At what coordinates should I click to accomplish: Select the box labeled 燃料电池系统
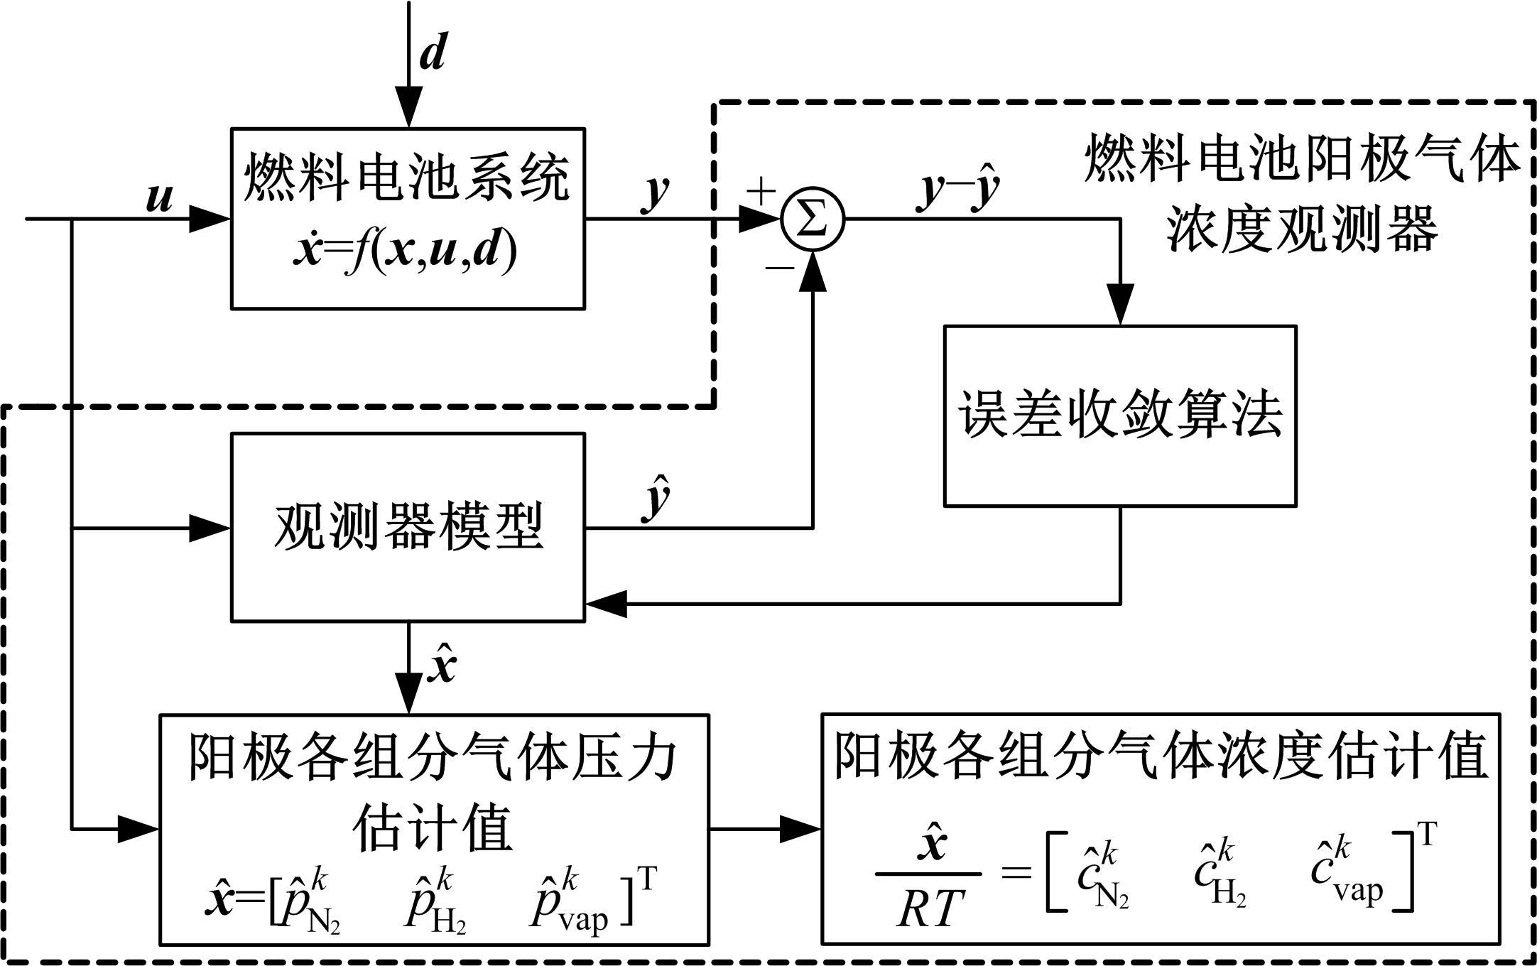point(408,218)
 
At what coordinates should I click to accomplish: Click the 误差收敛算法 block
point(1120,416)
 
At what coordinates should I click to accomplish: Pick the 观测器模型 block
point(408,527)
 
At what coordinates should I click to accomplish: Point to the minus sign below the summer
point(779,268)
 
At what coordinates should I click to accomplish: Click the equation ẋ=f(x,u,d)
point(405,252)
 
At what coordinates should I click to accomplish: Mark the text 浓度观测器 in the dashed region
point(1303,229)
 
